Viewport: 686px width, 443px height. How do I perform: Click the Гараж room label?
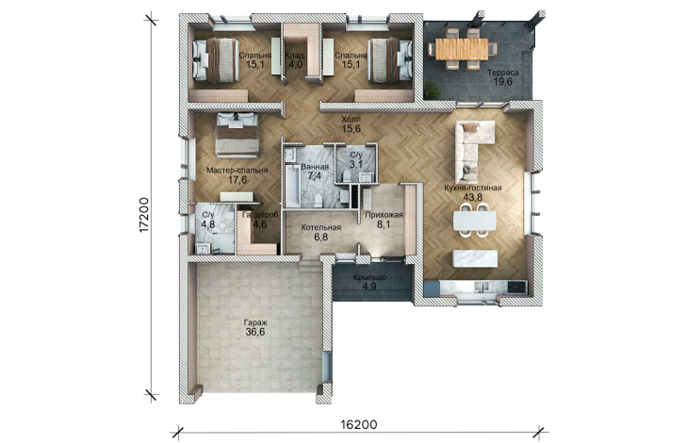point(256,322)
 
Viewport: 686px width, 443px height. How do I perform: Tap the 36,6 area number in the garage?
point(255,332)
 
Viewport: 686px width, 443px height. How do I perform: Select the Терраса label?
point(503,73)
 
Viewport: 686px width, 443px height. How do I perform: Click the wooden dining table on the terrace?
point(462,49)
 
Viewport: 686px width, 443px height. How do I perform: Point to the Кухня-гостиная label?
point(472,188)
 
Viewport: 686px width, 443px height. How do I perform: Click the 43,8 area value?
point(472,197)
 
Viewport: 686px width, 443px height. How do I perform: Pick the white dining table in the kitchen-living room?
point(475,221)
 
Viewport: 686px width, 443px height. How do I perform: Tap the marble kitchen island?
point(475,258)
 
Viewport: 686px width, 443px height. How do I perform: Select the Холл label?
point(351,119)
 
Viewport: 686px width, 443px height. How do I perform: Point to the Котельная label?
point(321,228)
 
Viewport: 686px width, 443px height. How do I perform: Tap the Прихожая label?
point(384,215)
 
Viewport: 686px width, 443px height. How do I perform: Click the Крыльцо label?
point(369,277)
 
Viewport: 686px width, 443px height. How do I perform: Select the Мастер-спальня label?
point(237,171)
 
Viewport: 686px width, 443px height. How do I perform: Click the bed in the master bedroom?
point(237,135)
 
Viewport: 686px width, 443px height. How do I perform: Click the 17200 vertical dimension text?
point(145,215)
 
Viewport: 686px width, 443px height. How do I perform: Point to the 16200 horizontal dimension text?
point(359,424)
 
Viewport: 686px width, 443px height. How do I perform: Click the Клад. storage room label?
point(295,56)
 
